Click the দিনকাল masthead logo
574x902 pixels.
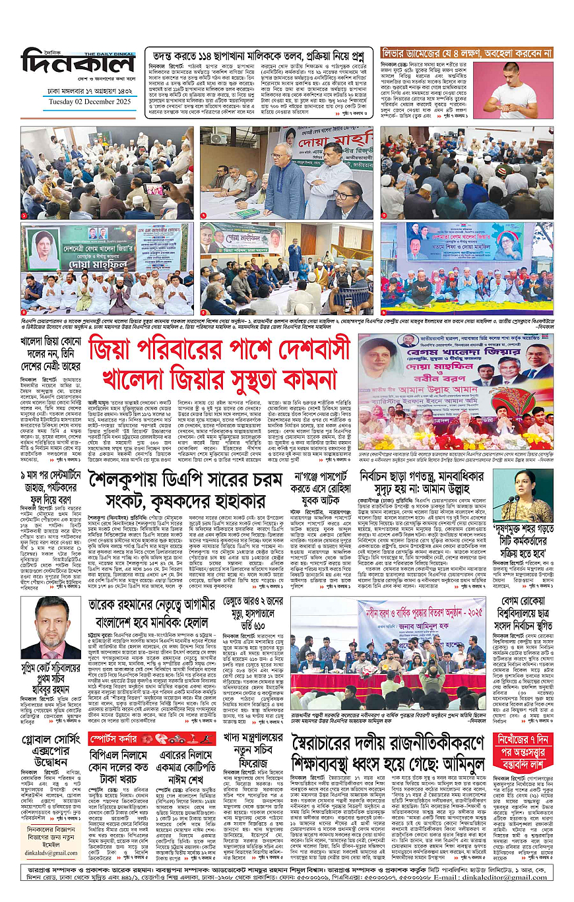78,67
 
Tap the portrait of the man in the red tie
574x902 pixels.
51,628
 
